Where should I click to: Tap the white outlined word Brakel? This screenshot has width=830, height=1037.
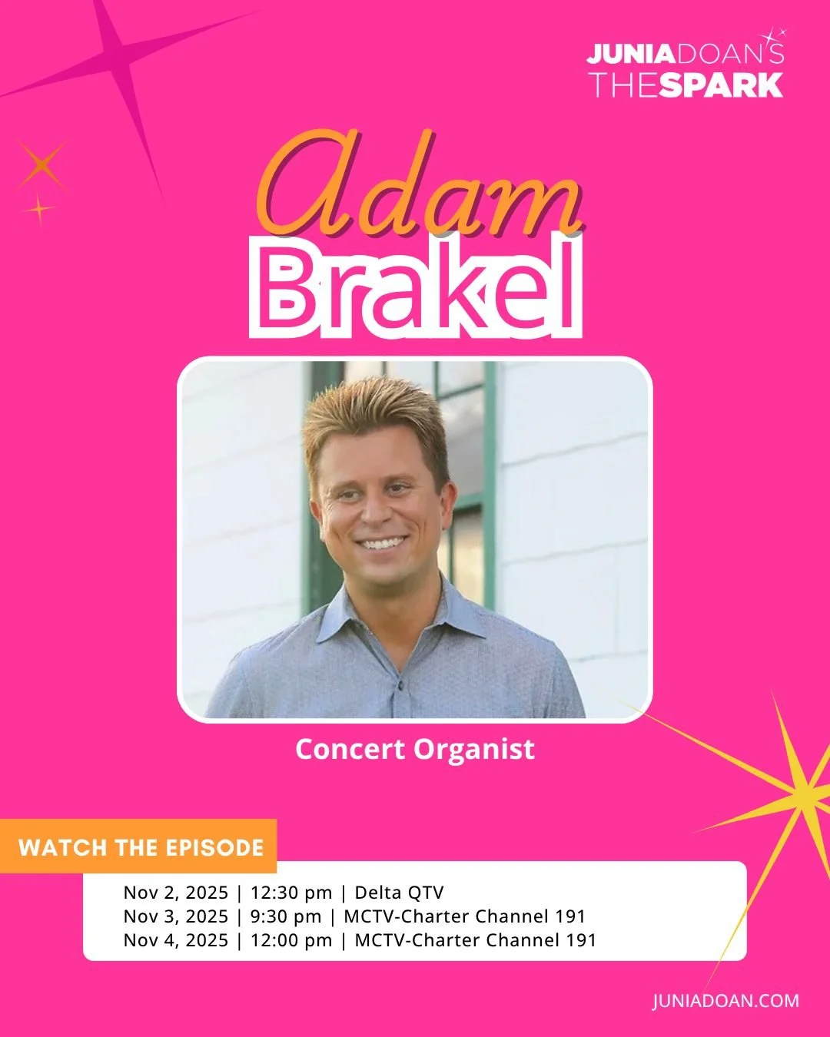pos(416,289)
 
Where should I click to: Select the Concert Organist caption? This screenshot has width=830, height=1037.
pos(415,749)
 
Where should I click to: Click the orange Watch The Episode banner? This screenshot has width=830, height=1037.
pos(140,847)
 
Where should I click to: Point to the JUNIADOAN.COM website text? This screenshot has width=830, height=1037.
pos(725,1001)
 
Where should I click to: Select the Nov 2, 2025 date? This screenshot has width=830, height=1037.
pos(176,893)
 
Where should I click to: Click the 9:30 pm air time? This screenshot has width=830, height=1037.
pos(286,916)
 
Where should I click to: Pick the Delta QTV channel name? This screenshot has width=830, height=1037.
pos(399,893)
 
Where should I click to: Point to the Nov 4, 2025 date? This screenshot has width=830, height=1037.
pos(176,940)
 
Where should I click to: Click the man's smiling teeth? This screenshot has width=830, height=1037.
pos(382,544)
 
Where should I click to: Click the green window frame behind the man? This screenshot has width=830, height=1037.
pos(489,476)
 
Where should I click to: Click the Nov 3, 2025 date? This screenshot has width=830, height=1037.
pos(176,916)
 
